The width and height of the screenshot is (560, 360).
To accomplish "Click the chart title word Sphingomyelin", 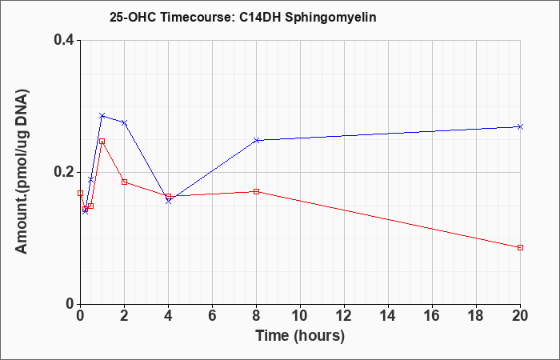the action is [x=330, y=18].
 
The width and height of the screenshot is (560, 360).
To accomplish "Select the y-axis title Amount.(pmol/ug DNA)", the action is [x=22, y=172].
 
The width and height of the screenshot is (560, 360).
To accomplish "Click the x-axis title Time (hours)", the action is [x=300, y=336].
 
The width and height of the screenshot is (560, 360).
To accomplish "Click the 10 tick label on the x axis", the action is [x=300, y=315].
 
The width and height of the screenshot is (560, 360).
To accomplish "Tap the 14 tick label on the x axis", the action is [x=388, y=315].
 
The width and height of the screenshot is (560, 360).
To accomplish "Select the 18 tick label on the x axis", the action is [x=476, y=315].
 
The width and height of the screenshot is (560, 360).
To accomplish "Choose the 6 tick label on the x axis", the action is [x=212, y=315].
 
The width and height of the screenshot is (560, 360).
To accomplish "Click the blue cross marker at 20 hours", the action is [x=520, y=126].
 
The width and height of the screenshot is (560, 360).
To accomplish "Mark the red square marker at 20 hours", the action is [x=520, y=247].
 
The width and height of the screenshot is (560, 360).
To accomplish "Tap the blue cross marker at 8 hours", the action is [x=257, y=140].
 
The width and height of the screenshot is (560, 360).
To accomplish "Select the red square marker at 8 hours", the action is [x=257, y=191].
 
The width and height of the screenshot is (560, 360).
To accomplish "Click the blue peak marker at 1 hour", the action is [x=102, y=116].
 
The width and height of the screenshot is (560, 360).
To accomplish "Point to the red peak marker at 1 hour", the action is [x=102, y=142].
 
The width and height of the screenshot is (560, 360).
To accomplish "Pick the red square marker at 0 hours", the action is [x=80, y=194].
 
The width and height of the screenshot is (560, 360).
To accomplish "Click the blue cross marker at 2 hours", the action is [x=124, y=123].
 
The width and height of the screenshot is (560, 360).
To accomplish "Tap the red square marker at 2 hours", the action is [x=124, y=182].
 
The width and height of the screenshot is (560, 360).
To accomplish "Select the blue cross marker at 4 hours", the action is [x=169, y=202].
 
